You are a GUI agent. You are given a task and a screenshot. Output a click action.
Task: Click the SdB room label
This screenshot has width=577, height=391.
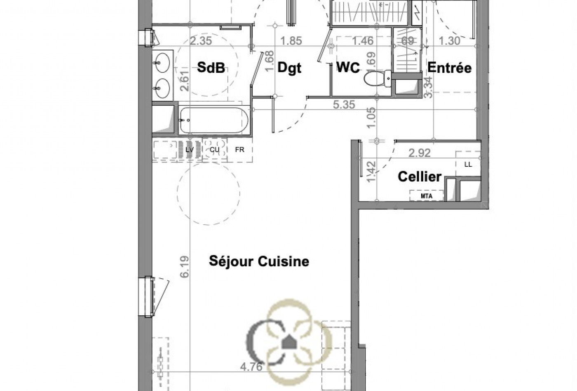(211, 67)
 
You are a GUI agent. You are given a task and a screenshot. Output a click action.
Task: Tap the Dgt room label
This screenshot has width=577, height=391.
(289, 68)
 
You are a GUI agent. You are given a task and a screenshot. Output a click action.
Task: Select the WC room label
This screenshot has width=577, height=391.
(348, 67)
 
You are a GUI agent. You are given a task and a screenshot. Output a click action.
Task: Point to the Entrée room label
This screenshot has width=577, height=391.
(449, 67)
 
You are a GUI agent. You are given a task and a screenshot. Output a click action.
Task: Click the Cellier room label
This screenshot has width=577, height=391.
(419, 177)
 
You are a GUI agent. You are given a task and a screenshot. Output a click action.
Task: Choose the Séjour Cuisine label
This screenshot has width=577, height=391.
(259, 261)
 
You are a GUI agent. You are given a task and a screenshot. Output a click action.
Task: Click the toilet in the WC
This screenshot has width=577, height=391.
(376, 78)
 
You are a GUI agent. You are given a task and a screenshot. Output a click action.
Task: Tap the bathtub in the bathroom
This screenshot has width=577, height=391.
(214, 120)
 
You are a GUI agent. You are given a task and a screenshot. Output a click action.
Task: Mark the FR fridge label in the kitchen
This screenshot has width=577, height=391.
(239, 150)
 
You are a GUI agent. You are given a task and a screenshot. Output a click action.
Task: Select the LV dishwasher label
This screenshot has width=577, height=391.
(190, 150)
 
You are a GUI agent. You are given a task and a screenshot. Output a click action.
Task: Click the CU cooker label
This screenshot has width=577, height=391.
(214, 150)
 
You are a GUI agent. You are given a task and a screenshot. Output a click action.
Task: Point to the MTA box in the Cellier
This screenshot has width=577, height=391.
(427, 196)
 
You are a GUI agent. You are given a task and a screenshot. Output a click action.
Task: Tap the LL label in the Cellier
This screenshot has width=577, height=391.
(468, 165)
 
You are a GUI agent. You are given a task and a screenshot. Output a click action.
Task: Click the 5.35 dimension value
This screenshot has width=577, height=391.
(344, 105)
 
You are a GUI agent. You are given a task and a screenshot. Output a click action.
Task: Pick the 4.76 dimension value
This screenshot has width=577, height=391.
(251, 366)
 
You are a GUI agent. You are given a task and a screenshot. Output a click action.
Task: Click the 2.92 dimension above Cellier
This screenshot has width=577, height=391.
(419, 153)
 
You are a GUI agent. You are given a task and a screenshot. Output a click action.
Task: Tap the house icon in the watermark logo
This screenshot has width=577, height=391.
(289, 342)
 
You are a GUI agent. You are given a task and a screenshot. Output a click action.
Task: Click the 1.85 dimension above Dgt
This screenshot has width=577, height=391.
(291, 41)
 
